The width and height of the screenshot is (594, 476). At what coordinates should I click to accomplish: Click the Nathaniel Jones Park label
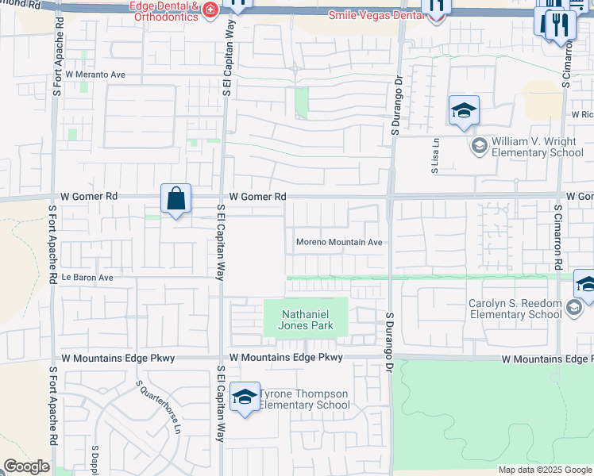coord(306,320)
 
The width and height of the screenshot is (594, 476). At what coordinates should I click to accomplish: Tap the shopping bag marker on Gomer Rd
coord(175,199)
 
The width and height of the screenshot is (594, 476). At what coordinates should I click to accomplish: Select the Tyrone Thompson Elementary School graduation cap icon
coord(245,397)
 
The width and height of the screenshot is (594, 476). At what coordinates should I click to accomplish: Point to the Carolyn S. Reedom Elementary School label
coord(514,309)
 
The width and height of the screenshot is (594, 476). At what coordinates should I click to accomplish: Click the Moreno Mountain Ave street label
coord(339,242)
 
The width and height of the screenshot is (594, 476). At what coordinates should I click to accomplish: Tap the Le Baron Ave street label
coord(88,278)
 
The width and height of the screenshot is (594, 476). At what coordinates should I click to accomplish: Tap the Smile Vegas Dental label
coord(376,15)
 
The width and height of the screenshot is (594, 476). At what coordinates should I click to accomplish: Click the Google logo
coord(26,466)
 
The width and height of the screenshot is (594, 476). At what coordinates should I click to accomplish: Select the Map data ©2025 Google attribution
coord(544,470)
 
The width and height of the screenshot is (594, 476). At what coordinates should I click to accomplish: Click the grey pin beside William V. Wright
coord(479,145)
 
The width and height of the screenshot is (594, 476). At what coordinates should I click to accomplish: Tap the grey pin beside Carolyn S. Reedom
coord(576,309)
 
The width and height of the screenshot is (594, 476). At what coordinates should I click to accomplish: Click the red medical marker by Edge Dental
coord(210,10)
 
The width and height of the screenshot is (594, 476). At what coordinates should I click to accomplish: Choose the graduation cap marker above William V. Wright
coord(464,110)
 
